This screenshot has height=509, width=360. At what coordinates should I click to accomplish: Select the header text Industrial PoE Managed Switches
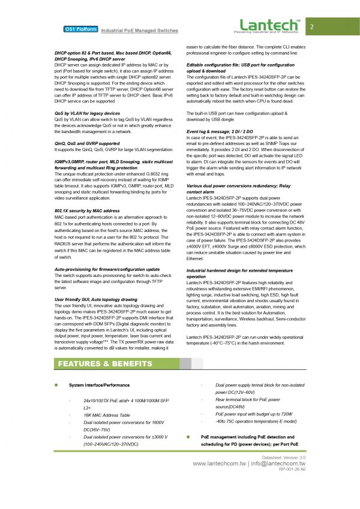point(139,31)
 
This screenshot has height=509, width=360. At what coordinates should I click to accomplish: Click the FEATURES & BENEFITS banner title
point(105,364)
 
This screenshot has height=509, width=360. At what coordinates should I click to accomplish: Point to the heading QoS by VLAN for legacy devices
point(87,113)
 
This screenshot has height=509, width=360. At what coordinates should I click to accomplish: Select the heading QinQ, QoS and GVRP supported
point(86,144)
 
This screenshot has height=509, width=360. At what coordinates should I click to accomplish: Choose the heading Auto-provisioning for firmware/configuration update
point(107,270)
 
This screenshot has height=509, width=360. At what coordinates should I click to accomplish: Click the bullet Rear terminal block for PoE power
point(247,399)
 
